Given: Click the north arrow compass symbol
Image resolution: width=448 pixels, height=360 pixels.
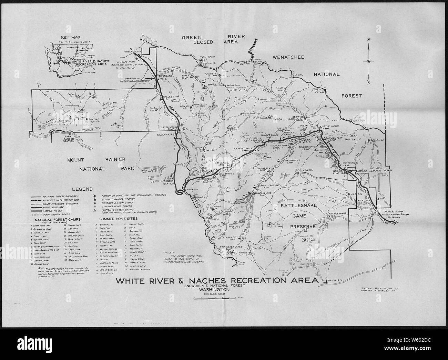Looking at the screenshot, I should pyautogui.click(x=368, y=61).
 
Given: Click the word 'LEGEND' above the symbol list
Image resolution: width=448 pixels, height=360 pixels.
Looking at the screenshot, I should pyautogui.click(x=82, y=189).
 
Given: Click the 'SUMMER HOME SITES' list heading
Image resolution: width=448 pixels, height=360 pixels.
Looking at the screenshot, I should pyautogui.click(x=118, y=219).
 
